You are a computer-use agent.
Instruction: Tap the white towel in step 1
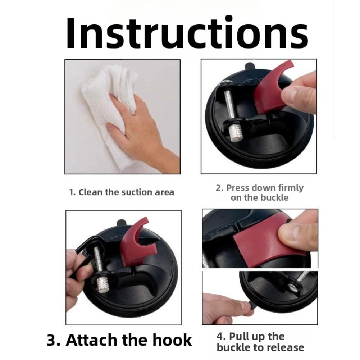point(108,110)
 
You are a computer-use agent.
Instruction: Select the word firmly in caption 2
point(291,188)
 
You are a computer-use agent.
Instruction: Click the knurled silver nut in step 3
point(102,285)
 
